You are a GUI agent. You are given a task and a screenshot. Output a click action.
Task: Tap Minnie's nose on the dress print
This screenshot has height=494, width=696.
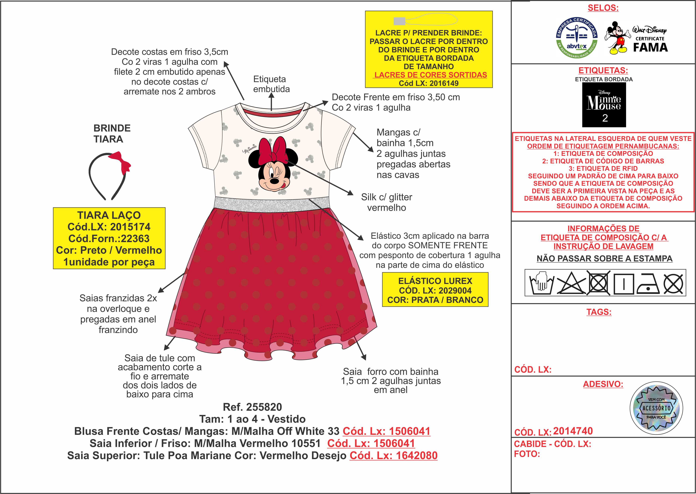tap(274, 181)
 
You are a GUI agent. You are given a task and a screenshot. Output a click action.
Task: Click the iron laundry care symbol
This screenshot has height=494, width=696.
tap(648, 283)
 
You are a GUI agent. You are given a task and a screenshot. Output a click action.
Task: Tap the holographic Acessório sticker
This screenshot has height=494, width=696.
tap(656, 408)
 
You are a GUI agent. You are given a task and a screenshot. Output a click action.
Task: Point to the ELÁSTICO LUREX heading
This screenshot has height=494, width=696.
tap(435, 281)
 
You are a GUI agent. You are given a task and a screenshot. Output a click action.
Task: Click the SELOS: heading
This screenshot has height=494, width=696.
tap(603, 8)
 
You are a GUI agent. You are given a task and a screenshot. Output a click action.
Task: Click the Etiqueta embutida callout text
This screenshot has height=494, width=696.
tap(271, 84)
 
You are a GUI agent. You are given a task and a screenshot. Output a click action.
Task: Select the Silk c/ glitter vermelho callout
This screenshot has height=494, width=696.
tap(386, 202)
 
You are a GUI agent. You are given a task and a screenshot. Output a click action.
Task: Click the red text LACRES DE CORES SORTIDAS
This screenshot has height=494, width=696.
tap(430, 75)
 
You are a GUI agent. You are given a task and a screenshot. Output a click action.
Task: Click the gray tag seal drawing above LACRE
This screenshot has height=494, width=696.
tap(399, 21)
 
